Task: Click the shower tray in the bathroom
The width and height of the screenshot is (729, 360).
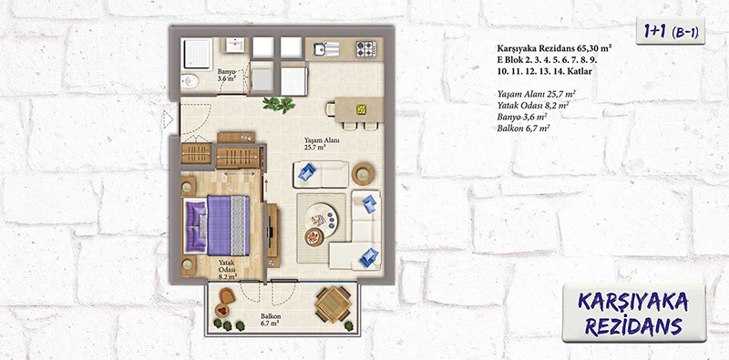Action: (196, 54)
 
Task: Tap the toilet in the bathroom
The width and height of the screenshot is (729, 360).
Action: (190, 82)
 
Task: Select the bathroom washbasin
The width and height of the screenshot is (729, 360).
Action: (236, 46)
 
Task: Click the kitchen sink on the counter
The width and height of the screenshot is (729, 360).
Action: (326, 49)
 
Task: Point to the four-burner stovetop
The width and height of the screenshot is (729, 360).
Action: (366, 49)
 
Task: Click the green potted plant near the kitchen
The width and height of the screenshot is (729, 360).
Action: (279, 104)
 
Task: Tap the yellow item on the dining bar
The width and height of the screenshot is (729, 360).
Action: (361, 109)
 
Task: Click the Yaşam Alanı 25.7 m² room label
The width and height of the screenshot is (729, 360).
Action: (314, 144)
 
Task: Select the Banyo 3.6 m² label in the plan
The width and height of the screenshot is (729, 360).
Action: (226, 76)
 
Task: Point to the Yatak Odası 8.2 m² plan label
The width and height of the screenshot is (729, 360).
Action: (227, 269)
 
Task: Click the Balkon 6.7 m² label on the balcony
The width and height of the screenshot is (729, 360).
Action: (270, 318)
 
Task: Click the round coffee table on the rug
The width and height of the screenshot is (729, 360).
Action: (322, 218)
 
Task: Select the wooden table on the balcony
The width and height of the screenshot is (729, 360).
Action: (333, 304)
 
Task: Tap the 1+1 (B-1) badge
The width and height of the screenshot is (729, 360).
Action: (671, 31)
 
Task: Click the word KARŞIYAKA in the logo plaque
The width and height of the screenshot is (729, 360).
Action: (633, 302)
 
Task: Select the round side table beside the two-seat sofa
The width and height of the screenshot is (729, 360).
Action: (363, 174)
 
